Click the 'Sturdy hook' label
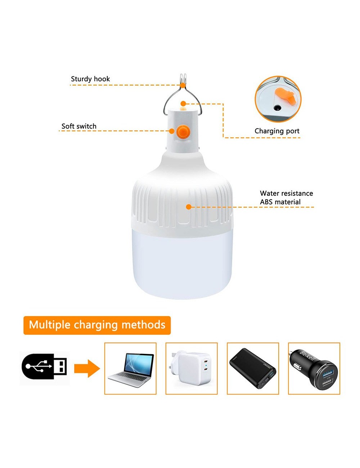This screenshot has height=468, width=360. (90, 79)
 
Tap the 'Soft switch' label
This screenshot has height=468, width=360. (79, 126)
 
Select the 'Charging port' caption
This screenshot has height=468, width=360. (277, 131)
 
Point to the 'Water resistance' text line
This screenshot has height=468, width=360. (286, 193)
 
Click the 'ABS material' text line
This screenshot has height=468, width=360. (280, 202)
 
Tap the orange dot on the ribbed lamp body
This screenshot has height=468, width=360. (188, 207)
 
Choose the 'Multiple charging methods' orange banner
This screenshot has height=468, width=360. (97, 325)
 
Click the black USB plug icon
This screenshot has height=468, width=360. (45, 367)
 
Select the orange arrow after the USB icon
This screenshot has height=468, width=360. (87, 368)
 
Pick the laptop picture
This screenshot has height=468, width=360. (131, 370)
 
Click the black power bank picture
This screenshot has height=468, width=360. (253, 368)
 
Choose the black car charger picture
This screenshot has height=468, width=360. (314, 368)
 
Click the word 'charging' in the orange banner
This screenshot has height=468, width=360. (96, 325)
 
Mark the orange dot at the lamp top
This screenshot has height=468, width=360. (183, 104)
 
